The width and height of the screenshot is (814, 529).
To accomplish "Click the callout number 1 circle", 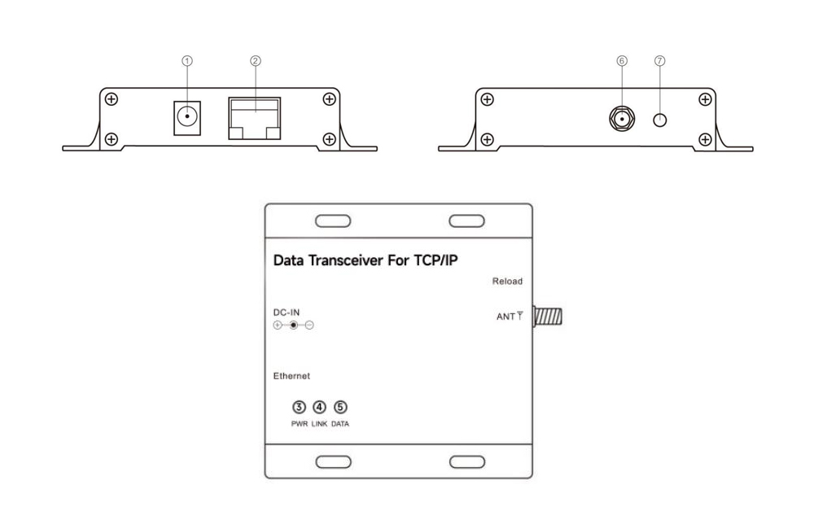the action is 187,61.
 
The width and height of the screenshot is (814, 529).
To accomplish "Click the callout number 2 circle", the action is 255,61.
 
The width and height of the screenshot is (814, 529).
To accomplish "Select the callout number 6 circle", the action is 622,61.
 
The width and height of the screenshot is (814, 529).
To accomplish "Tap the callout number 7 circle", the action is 660,61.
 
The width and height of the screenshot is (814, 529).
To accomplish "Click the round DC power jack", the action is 187,116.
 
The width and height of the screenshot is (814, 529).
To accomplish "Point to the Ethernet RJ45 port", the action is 254,118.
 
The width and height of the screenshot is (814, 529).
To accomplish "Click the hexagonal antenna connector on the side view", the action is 622,119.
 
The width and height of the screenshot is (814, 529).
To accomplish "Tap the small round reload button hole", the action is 660,120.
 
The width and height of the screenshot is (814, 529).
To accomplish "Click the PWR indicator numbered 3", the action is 299,407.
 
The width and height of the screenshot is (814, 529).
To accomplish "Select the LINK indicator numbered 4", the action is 319,407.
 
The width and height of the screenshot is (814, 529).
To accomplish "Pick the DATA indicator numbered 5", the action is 340,407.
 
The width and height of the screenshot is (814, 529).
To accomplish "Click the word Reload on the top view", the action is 507,282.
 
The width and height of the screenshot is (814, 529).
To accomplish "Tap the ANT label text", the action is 505,317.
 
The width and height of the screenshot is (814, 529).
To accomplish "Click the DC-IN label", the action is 287,313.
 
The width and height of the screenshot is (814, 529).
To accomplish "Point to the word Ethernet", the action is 291,376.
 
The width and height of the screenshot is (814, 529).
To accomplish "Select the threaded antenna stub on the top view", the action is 548,317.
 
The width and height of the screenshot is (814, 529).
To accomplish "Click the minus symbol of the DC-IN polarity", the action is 309,326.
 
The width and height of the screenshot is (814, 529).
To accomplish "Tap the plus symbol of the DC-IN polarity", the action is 278,326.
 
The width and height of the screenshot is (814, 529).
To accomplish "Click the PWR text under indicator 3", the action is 300,424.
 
